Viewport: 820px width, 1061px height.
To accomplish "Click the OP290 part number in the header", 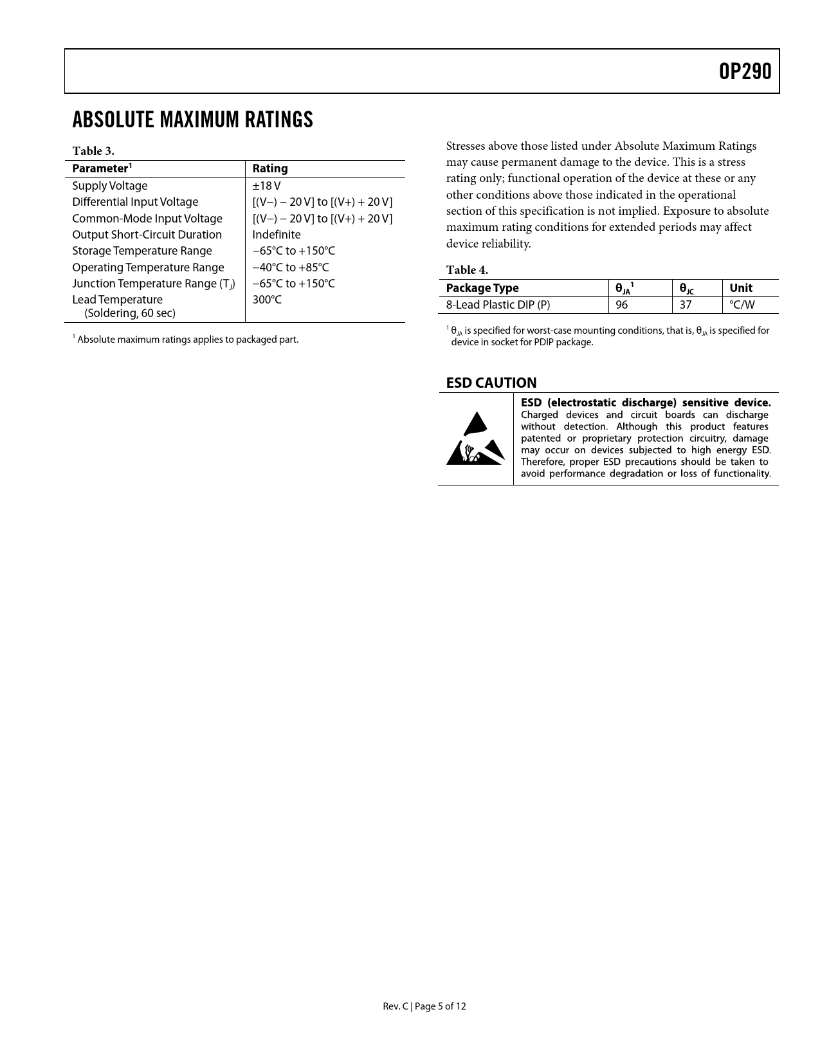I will point(745,71).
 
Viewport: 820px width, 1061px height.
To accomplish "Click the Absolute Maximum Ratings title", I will point(192,120).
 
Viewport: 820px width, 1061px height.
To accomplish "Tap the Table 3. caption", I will point(93,151).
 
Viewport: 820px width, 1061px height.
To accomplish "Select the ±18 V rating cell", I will point(266,186).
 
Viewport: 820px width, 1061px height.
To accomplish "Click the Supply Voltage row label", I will point(110,186).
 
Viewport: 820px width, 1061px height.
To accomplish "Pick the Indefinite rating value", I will point(277,235).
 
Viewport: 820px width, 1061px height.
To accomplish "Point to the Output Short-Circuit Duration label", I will point(147,235).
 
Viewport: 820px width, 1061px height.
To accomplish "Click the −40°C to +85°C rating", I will point(290,268).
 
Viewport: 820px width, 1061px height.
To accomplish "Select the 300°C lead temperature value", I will point(267,300).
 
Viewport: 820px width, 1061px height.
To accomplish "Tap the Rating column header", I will point(270,168).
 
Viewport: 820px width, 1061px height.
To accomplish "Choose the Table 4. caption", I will point(467,270).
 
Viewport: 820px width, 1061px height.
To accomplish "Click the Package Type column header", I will point(482,288).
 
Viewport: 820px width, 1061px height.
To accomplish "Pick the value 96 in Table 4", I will point(621,305).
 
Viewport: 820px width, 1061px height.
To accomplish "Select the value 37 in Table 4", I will point(686,305).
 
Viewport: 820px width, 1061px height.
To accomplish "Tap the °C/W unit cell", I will point(742,305).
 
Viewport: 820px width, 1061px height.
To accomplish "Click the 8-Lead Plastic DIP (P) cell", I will point(498,305).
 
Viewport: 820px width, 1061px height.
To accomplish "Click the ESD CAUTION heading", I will point(491,383).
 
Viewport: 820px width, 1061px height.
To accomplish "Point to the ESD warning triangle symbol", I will point(475,440).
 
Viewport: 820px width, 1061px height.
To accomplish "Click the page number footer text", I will point(424,1006).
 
